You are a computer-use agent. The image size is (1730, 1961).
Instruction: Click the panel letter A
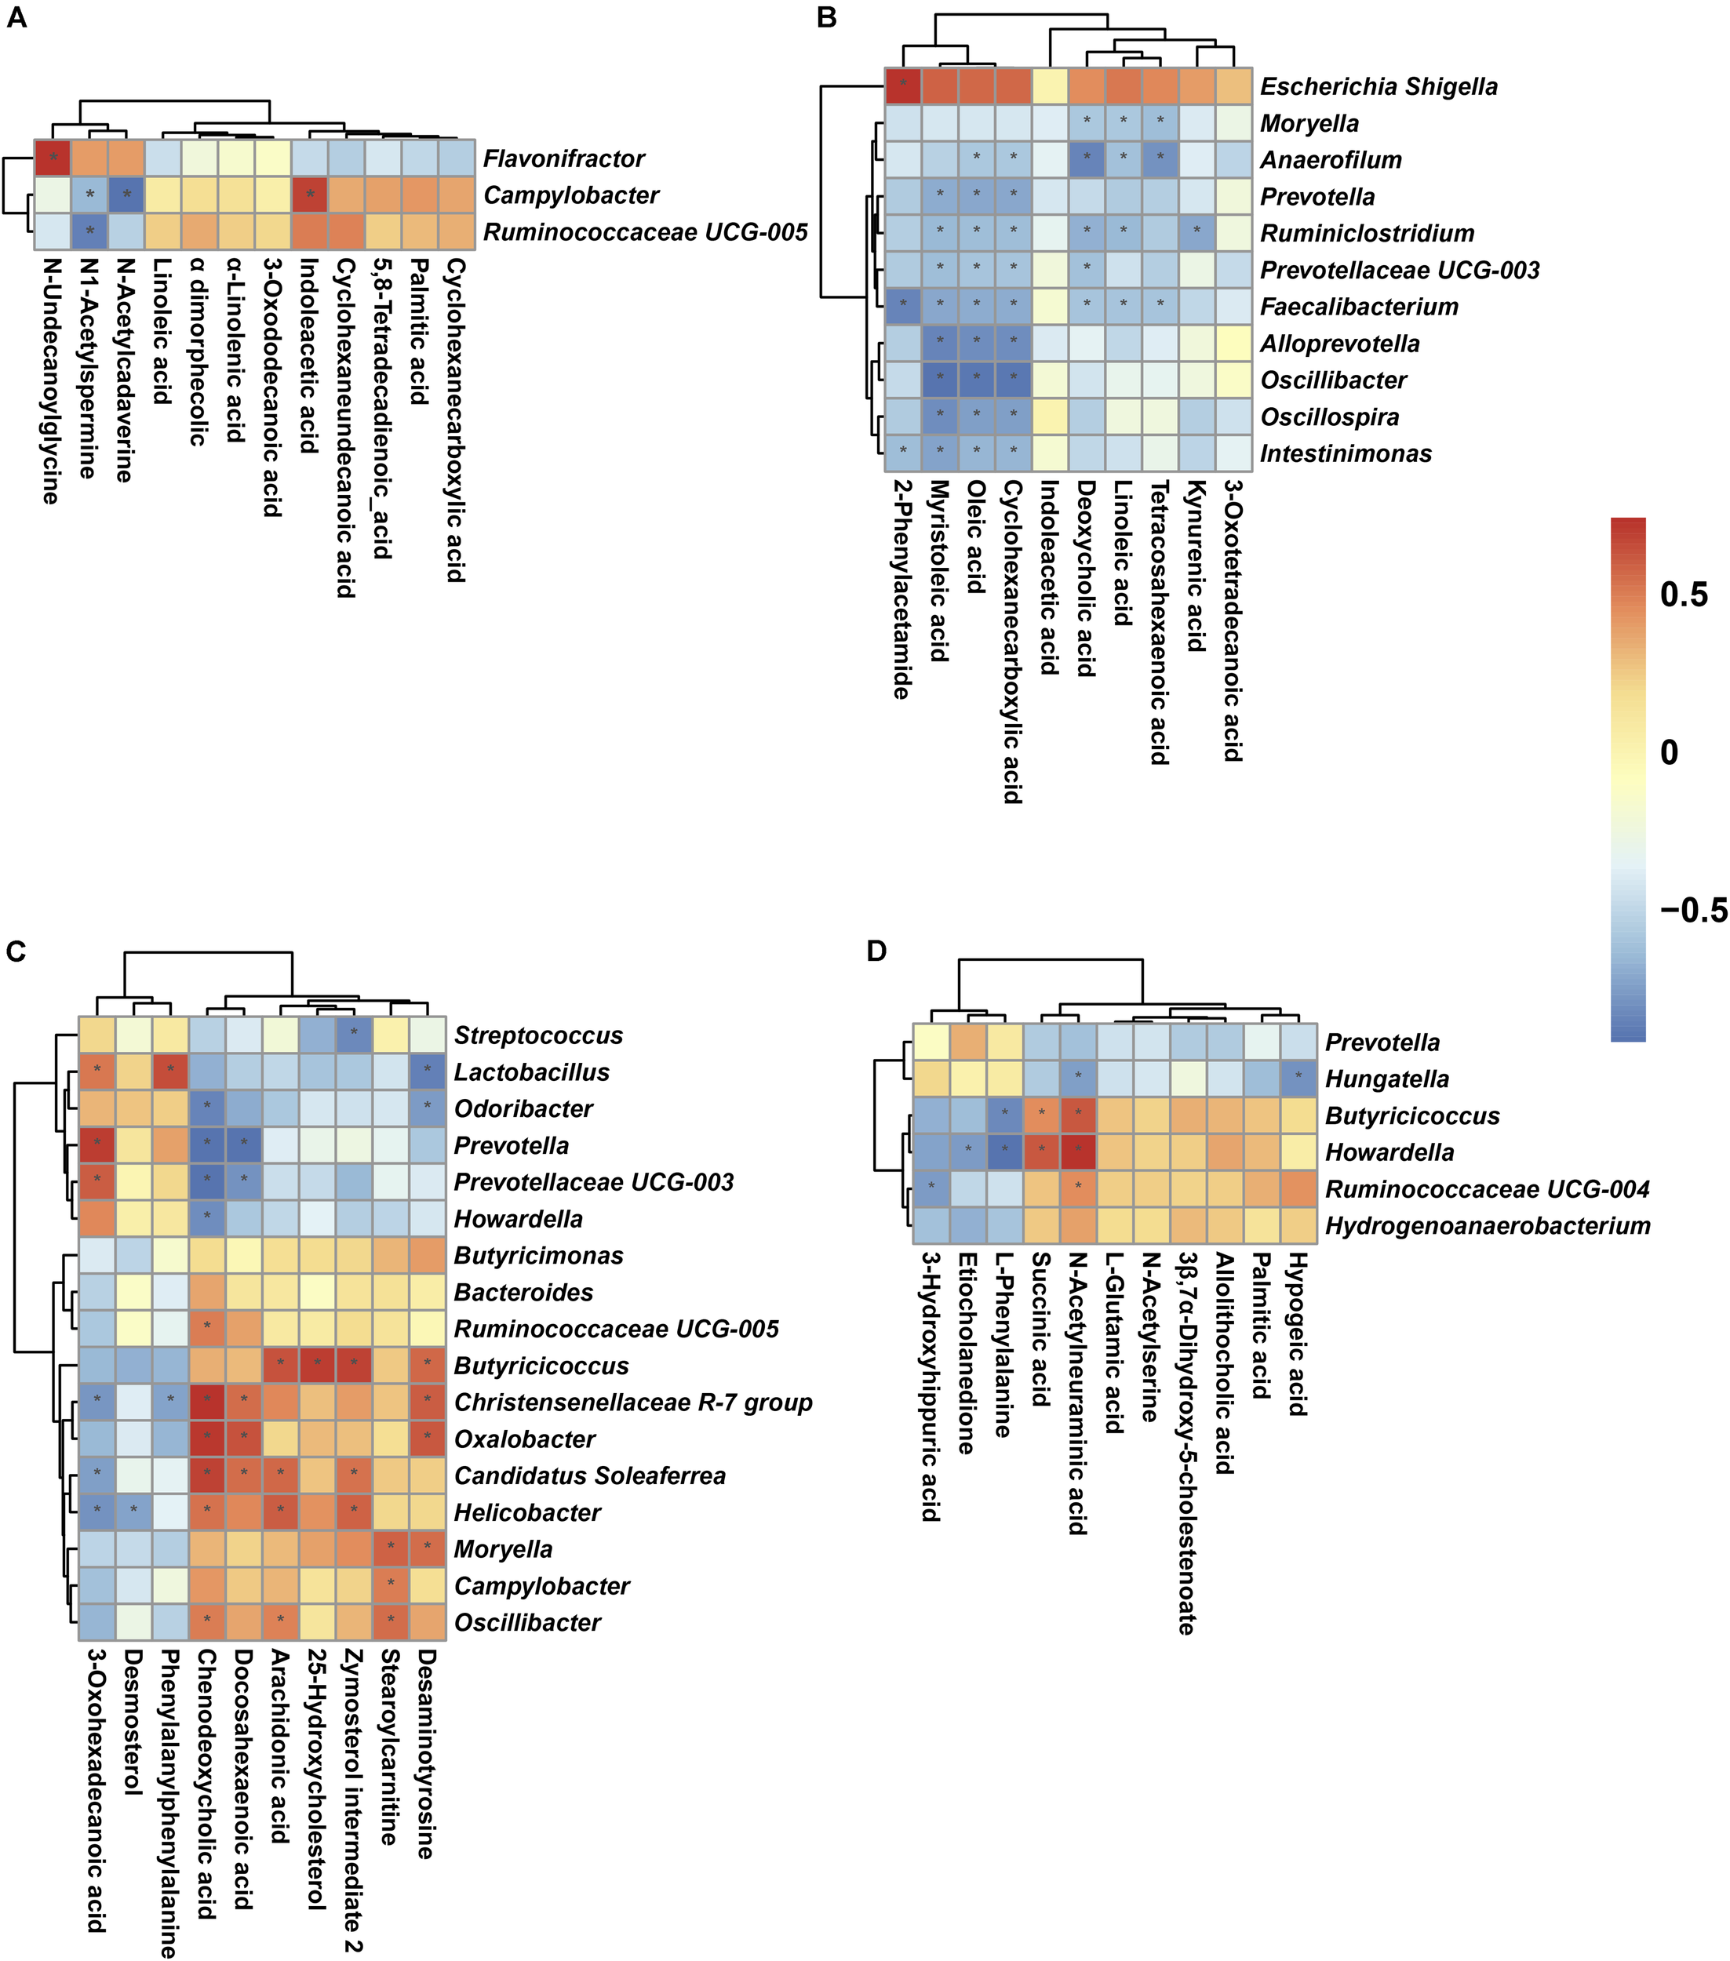[x=16, y=19]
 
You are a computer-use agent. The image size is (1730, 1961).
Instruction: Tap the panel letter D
[x=876, y=951]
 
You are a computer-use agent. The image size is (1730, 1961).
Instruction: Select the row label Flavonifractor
[x=563, y=158]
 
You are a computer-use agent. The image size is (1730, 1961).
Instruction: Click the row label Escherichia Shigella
[x=1378, y=86]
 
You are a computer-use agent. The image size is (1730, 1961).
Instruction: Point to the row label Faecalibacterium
[x=1359, y=307]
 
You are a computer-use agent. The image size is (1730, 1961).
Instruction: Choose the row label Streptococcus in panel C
[x=538, y=1035]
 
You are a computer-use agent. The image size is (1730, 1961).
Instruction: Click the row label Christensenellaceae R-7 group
[x=632, y=1403]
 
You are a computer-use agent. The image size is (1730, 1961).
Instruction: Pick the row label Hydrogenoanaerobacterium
[x=1488, y=1225]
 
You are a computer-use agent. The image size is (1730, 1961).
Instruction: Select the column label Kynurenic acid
[x=1196, y=566]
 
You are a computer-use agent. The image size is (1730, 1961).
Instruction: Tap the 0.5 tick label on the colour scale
[x=1684, y=595]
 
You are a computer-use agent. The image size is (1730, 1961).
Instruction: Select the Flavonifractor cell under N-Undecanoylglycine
[x=53, y=158]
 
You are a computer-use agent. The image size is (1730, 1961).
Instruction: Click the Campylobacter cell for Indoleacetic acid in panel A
[x=310, y=195]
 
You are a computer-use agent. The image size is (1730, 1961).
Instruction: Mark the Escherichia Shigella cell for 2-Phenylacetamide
[x=903, y=86]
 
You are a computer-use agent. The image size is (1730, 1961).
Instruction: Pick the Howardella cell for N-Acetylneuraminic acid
[x=1077, y=1151]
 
